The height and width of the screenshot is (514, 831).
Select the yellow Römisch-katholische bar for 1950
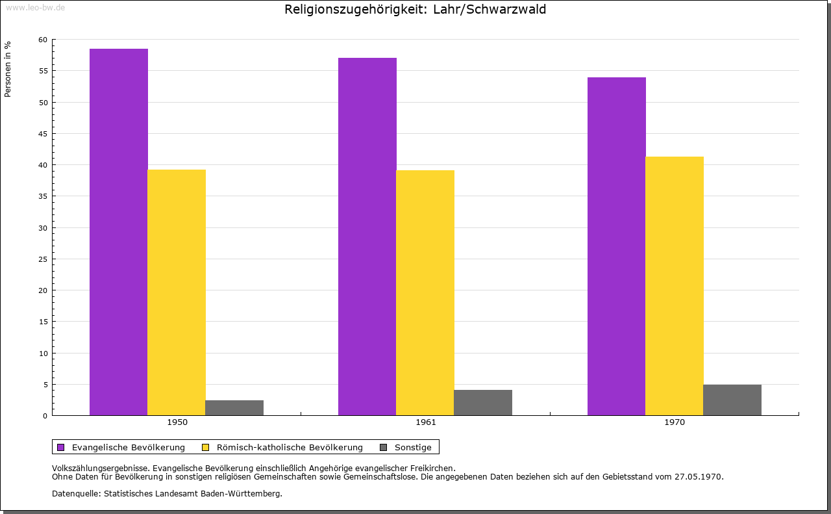(177, 292)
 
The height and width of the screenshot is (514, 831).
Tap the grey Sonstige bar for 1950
(234, 407)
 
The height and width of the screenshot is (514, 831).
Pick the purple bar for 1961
(367, 237)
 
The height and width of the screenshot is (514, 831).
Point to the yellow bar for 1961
(425, 292)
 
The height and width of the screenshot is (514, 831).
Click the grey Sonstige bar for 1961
(483, 402)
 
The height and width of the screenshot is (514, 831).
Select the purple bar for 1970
(617, 246)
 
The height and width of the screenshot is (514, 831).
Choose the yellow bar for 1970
(675, 286)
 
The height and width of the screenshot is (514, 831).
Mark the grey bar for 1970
(732, 400)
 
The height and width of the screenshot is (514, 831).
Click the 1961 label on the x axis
(426, 422)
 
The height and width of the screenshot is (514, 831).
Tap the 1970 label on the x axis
(675, 422)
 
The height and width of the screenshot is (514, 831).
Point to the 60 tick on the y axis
(43, 40)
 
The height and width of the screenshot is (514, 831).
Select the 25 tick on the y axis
(43, 259)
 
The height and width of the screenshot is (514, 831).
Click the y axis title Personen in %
(8, 70)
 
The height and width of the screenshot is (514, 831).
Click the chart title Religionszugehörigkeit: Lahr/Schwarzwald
(415, 10)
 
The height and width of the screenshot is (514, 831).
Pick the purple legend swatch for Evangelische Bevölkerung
(61, 447)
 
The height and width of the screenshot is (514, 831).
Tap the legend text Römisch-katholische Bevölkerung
(290, 447)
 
